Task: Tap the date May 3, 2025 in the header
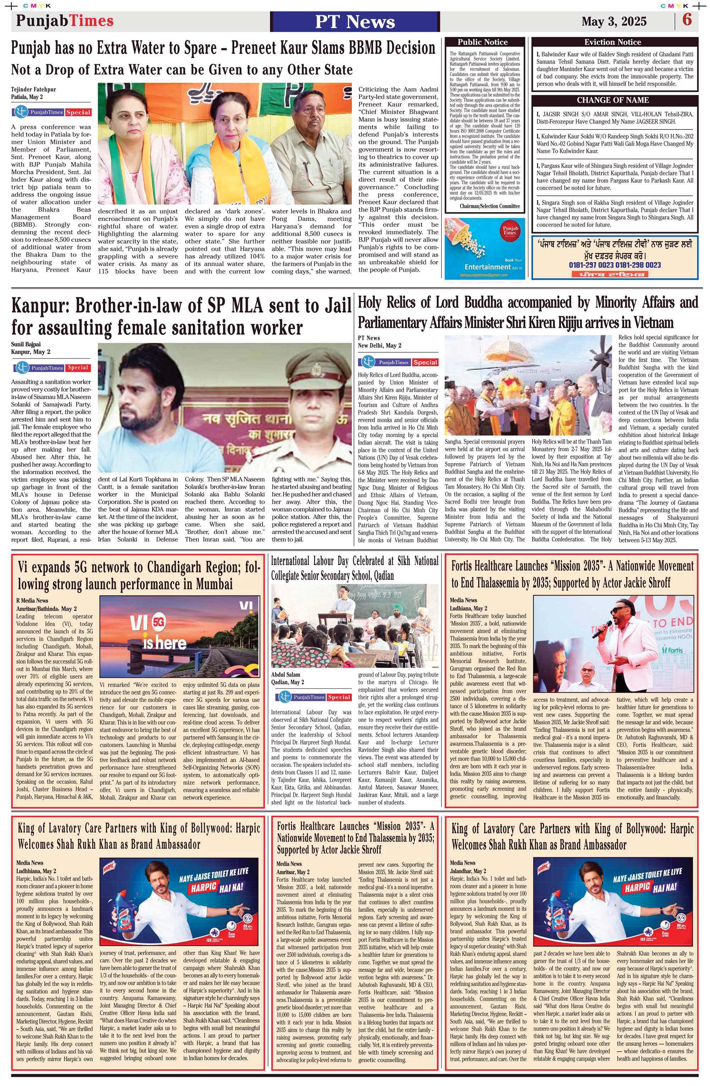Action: pos(614,21)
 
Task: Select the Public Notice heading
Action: pos(482,42)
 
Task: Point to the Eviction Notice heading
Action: pos(612,42)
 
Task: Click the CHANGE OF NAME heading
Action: pos(612,100)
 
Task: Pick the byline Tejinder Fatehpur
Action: pos(34,89)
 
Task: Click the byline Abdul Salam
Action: pos(286,674)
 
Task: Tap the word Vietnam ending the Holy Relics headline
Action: pos(649,323)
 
